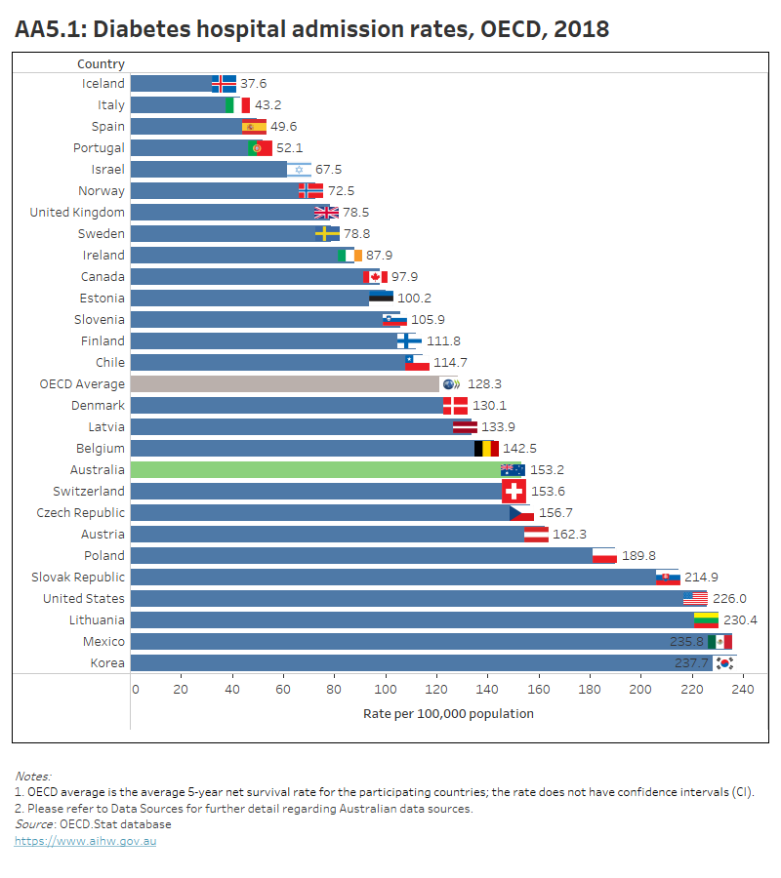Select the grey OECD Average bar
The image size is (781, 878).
(283, 383)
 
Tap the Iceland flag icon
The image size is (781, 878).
(224, 83)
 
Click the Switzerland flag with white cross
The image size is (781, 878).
(514, 491)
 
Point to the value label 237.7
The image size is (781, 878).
(693, 662)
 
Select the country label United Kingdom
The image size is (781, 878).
(77, 212)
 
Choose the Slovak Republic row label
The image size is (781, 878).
(78, 577)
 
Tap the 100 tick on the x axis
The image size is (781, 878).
(386, 690)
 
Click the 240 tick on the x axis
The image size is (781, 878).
(741, 690)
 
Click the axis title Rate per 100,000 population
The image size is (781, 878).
(448, 713)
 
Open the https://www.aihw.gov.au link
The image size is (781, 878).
(85, 841)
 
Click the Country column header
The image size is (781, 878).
(101, 63)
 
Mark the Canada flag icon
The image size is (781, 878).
(375, 276)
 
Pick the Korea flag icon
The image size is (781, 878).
(723, 662)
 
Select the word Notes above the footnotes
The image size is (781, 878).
(32, 777)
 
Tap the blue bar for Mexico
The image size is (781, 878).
(410, 641)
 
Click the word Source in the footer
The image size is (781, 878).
(33, 824)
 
